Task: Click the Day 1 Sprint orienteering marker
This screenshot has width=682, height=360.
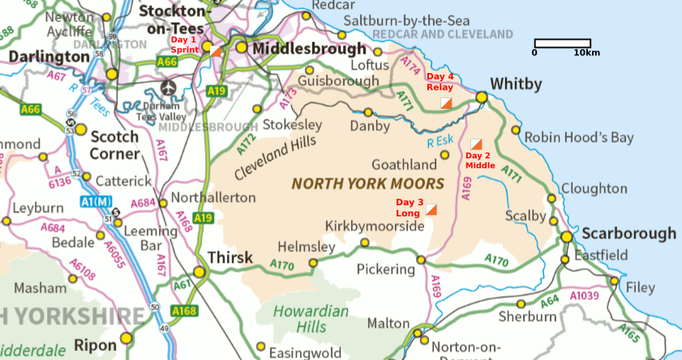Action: [215, 51]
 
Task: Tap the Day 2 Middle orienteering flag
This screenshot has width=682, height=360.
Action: [476, 144]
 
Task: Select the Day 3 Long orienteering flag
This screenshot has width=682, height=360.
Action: [431, 209]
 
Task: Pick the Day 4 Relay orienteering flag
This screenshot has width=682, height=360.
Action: [446, 102]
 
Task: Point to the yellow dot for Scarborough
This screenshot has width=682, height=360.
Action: [566, 237]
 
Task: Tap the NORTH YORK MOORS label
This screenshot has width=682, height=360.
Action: [367, 183]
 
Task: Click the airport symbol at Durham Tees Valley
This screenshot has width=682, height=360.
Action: [168, 87]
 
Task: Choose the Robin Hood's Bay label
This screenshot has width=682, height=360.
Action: [578, 138]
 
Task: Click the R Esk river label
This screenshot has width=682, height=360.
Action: [440, 141]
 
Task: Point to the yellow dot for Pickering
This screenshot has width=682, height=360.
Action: [421, 260]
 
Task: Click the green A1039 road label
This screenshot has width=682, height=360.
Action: [585, 297]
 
